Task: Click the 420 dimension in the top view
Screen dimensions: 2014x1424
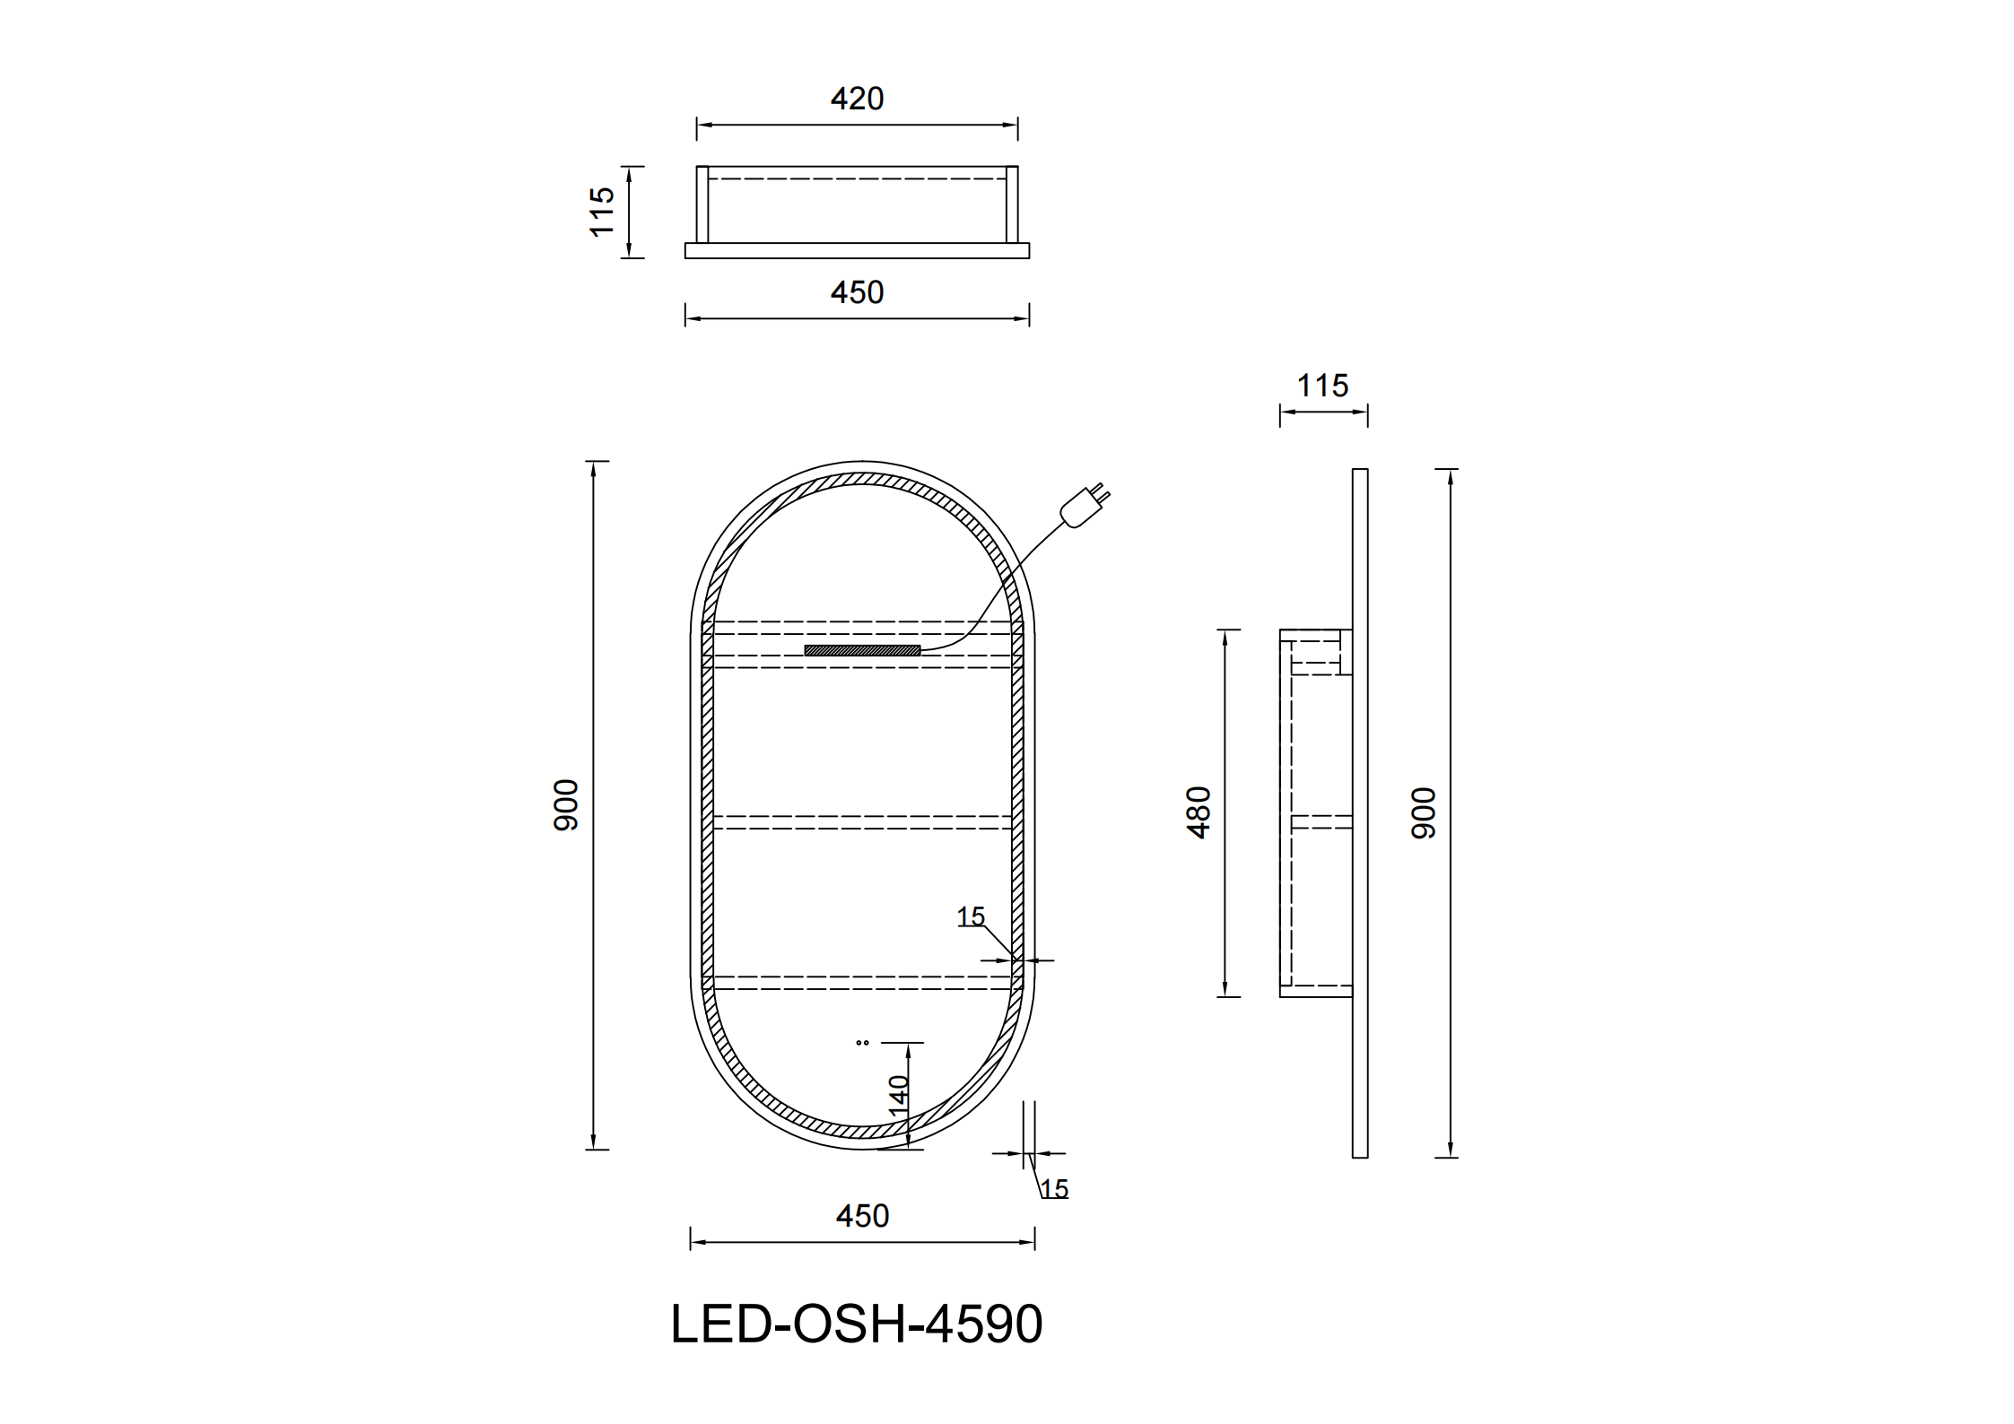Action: pyautogui.click(x=857, y=99)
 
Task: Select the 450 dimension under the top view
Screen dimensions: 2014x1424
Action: pyautogui.click(x=857, y=292)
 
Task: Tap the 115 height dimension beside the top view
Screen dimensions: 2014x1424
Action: pyautogui.click(x=602, y=212)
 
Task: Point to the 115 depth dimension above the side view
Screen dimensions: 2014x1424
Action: pyautogui.click(x=1322, y=386)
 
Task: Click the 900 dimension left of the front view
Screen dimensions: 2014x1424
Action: pyautogui.click(x=566, y=805)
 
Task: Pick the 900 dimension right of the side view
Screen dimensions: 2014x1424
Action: pyautogui.click(x=1424, y=813)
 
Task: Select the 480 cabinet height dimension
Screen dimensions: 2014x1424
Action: pyautogui.click(x=1199, y=812)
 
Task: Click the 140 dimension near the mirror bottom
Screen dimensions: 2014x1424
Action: pyautogui.click(x=898, y=1096)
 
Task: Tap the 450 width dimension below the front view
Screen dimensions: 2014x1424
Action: pyautogui.click(x=862, y=1216)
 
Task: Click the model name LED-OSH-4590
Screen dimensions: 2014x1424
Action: pyautogui.click(x=857, y=1324)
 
